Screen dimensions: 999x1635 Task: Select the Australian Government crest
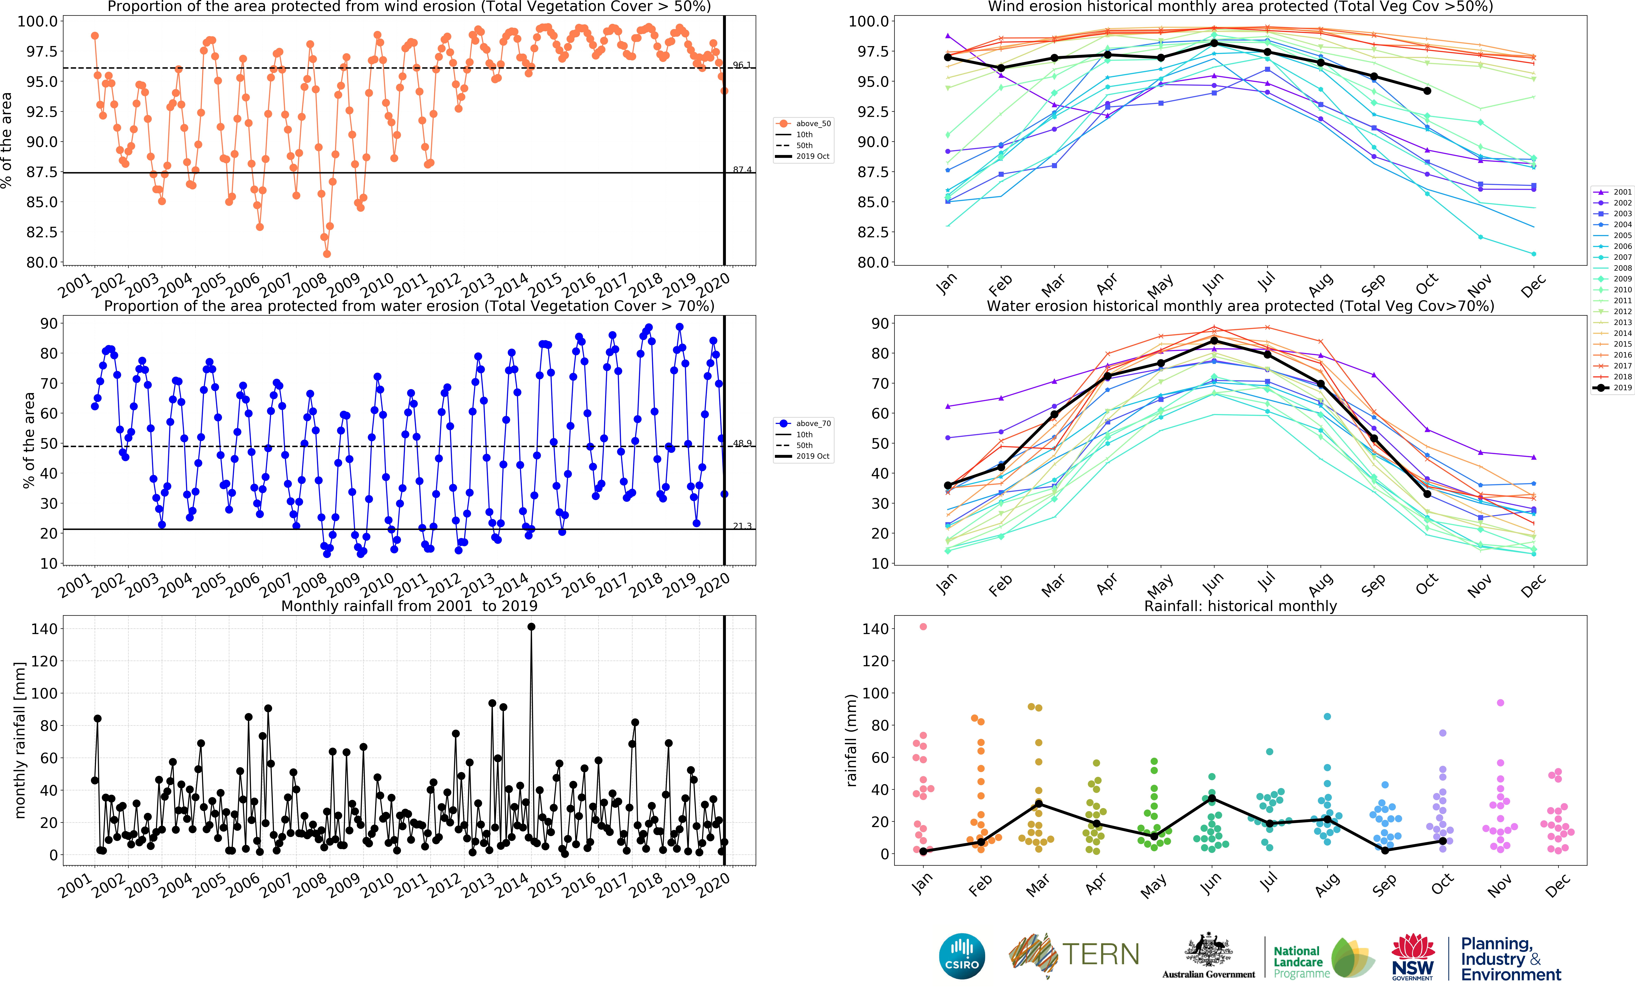[1208, 950]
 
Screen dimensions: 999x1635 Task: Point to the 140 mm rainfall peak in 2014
[531, 627]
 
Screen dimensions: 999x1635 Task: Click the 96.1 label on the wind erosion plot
[742, 65]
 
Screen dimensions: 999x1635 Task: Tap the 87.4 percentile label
[742, 170]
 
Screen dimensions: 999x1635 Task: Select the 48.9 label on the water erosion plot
[742, 443]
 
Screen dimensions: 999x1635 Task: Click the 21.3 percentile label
[742, 526]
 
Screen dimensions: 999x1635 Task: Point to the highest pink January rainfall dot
[923, 627]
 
